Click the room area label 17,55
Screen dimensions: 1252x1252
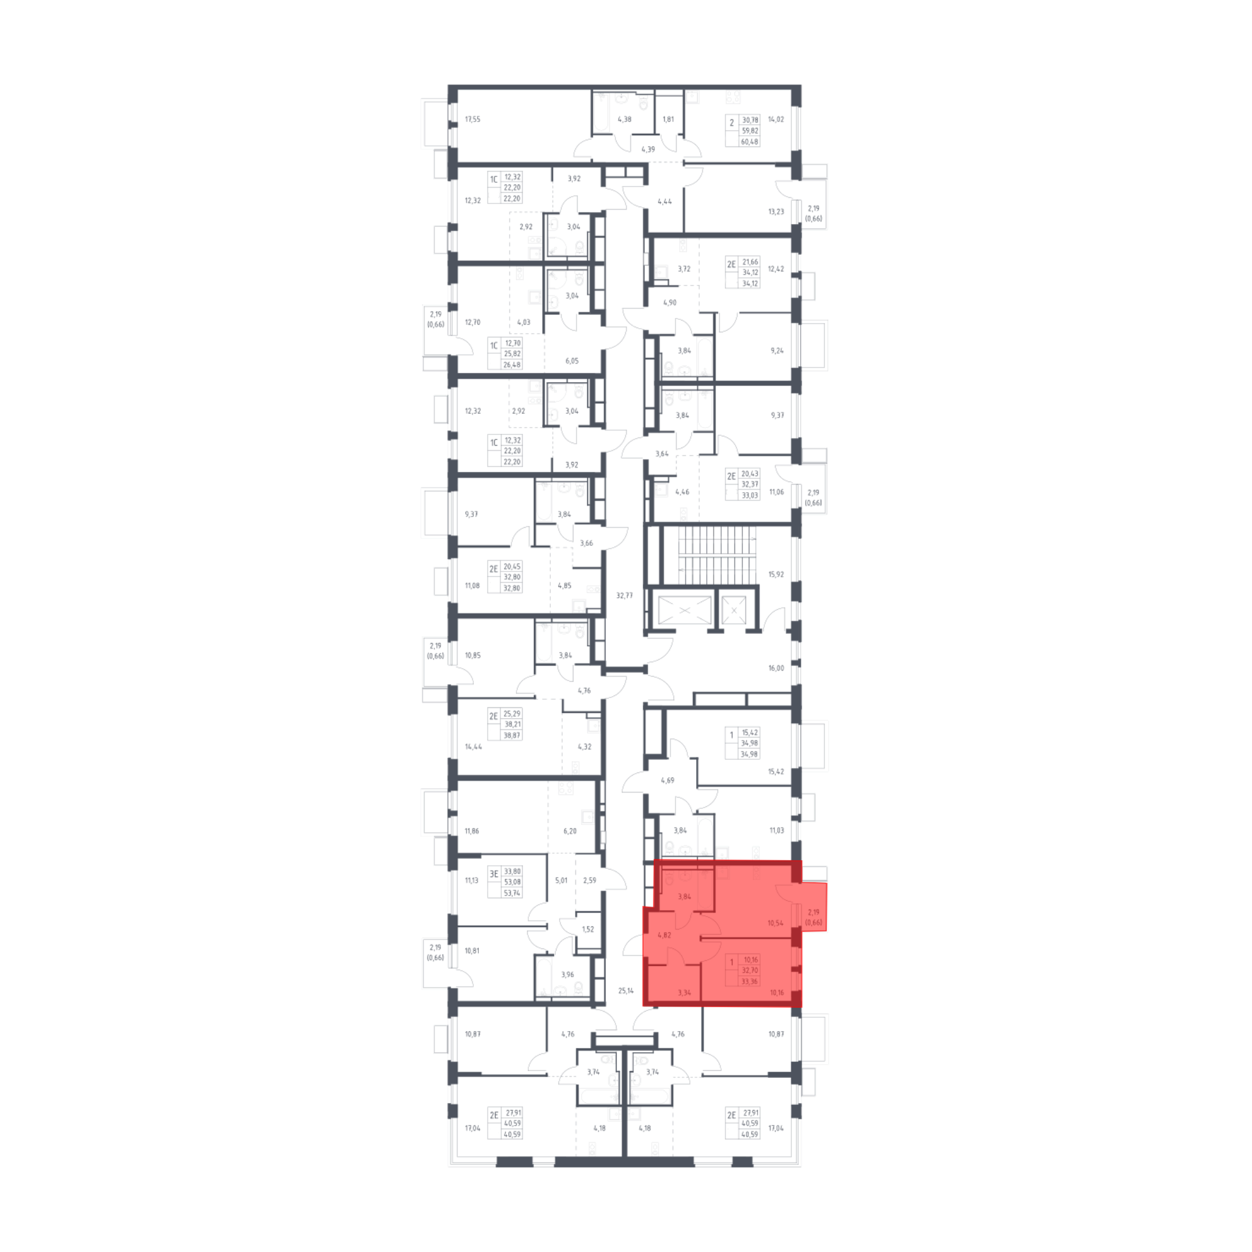point(473,119)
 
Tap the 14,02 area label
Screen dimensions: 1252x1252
point(776,119)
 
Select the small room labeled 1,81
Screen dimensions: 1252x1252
point(668,119)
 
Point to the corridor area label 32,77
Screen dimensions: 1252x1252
point(624,595)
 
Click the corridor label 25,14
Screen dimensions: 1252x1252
point(626,991)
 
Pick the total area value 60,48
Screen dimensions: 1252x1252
point(750,142)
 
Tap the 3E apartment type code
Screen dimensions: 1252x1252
point(494,874)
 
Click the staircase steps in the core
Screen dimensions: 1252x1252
point(717,555)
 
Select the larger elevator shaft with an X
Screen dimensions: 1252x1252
point(685,610)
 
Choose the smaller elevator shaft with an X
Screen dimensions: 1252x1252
point(734,610)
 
